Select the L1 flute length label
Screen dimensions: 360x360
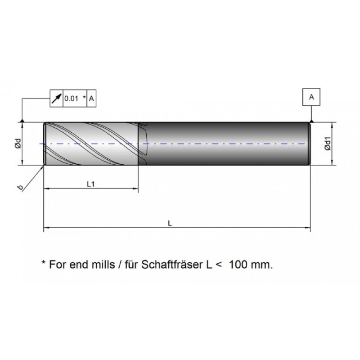tap(90, 184)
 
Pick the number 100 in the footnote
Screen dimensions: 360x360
tap(238, 264)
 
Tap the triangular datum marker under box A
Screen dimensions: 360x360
tap(311, 120)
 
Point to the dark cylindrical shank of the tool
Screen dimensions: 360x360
tap(225, 144)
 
